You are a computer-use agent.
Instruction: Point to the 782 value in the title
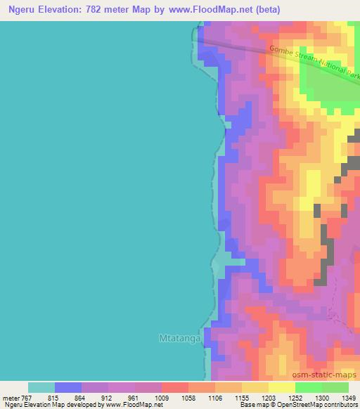[x=103, y=9]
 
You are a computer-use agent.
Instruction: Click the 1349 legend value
[x=347, y=397]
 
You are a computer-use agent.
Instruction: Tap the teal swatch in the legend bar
[x=41, y=387]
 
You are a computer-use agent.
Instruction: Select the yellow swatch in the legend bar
[x=282, y=387]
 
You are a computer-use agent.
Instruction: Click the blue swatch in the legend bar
[x=68, y=387]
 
